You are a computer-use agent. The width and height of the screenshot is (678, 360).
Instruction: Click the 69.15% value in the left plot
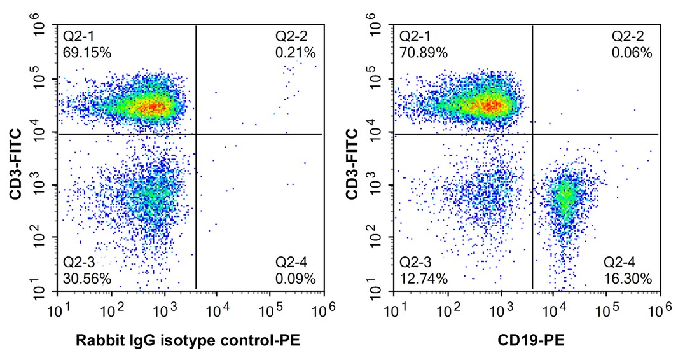87,52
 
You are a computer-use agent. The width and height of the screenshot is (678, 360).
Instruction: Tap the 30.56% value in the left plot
87,278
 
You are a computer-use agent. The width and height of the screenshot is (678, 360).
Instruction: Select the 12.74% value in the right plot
423,278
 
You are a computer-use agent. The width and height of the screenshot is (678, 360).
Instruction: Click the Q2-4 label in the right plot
621,262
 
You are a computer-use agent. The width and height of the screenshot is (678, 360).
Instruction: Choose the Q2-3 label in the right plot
416,262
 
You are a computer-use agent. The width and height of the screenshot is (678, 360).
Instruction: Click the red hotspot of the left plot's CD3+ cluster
153,107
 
